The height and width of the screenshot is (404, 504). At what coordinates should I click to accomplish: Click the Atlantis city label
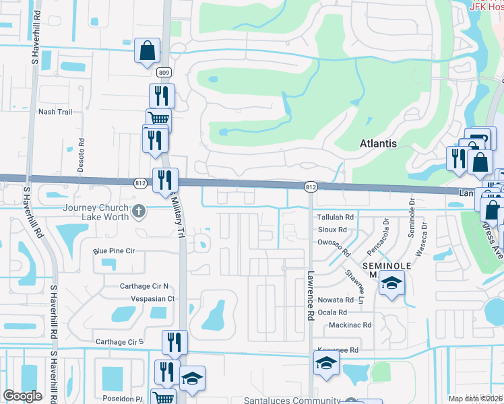[x=378, y=143]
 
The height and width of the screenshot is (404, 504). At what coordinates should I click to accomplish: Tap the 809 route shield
[x=164, y=72]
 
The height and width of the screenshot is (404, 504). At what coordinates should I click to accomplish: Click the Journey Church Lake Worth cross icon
[x=139, y=211]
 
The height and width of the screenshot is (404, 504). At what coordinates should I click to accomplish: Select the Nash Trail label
[x=55, y=112]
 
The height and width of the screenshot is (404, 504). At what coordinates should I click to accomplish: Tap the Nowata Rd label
[x=336, y=300]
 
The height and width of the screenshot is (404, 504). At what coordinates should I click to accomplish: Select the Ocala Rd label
[x=334, y=312]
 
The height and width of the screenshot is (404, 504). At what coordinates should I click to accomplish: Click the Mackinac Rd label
[x=350, y=325]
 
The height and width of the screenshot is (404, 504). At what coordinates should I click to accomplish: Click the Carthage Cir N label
[x=144, y=286]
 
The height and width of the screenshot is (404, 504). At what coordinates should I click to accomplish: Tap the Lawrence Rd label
[x=311, y=295]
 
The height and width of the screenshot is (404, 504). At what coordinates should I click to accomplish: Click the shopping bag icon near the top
[x=147, y=51]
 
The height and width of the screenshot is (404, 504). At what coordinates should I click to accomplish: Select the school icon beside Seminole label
[x=391, y=283]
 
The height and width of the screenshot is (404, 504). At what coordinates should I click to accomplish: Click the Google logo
[x=22, y=396]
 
